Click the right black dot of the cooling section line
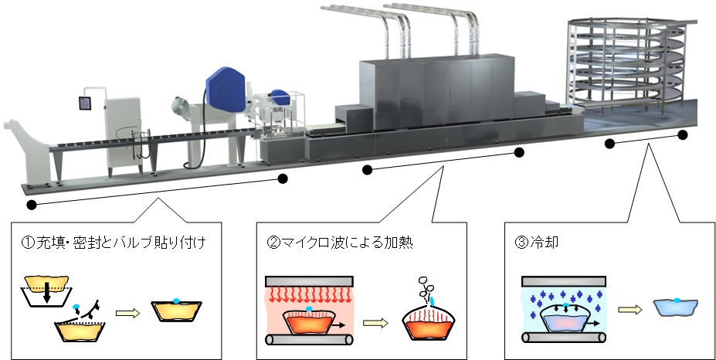click(x=683, y=134)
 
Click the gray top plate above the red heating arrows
click(x=309, y=279)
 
